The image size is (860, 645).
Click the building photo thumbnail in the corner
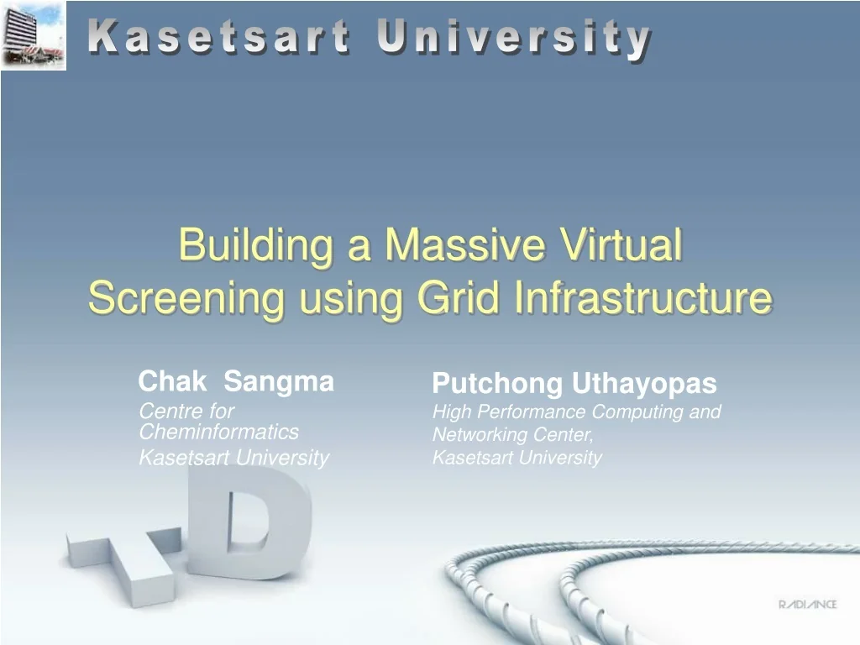point(34,35)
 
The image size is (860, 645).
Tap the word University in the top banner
point(514,39)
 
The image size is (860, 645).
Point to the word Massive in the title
point(464,245)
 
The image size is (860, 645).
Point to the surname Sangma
point(279,382)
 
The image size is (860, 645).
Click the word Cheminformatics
point(218,432)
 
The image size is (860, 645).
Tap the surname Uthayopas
point(644,384)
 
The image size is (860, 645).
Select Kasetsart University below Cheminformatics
point(233,457)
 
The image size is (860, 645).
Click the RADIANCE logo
point(807,605)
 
